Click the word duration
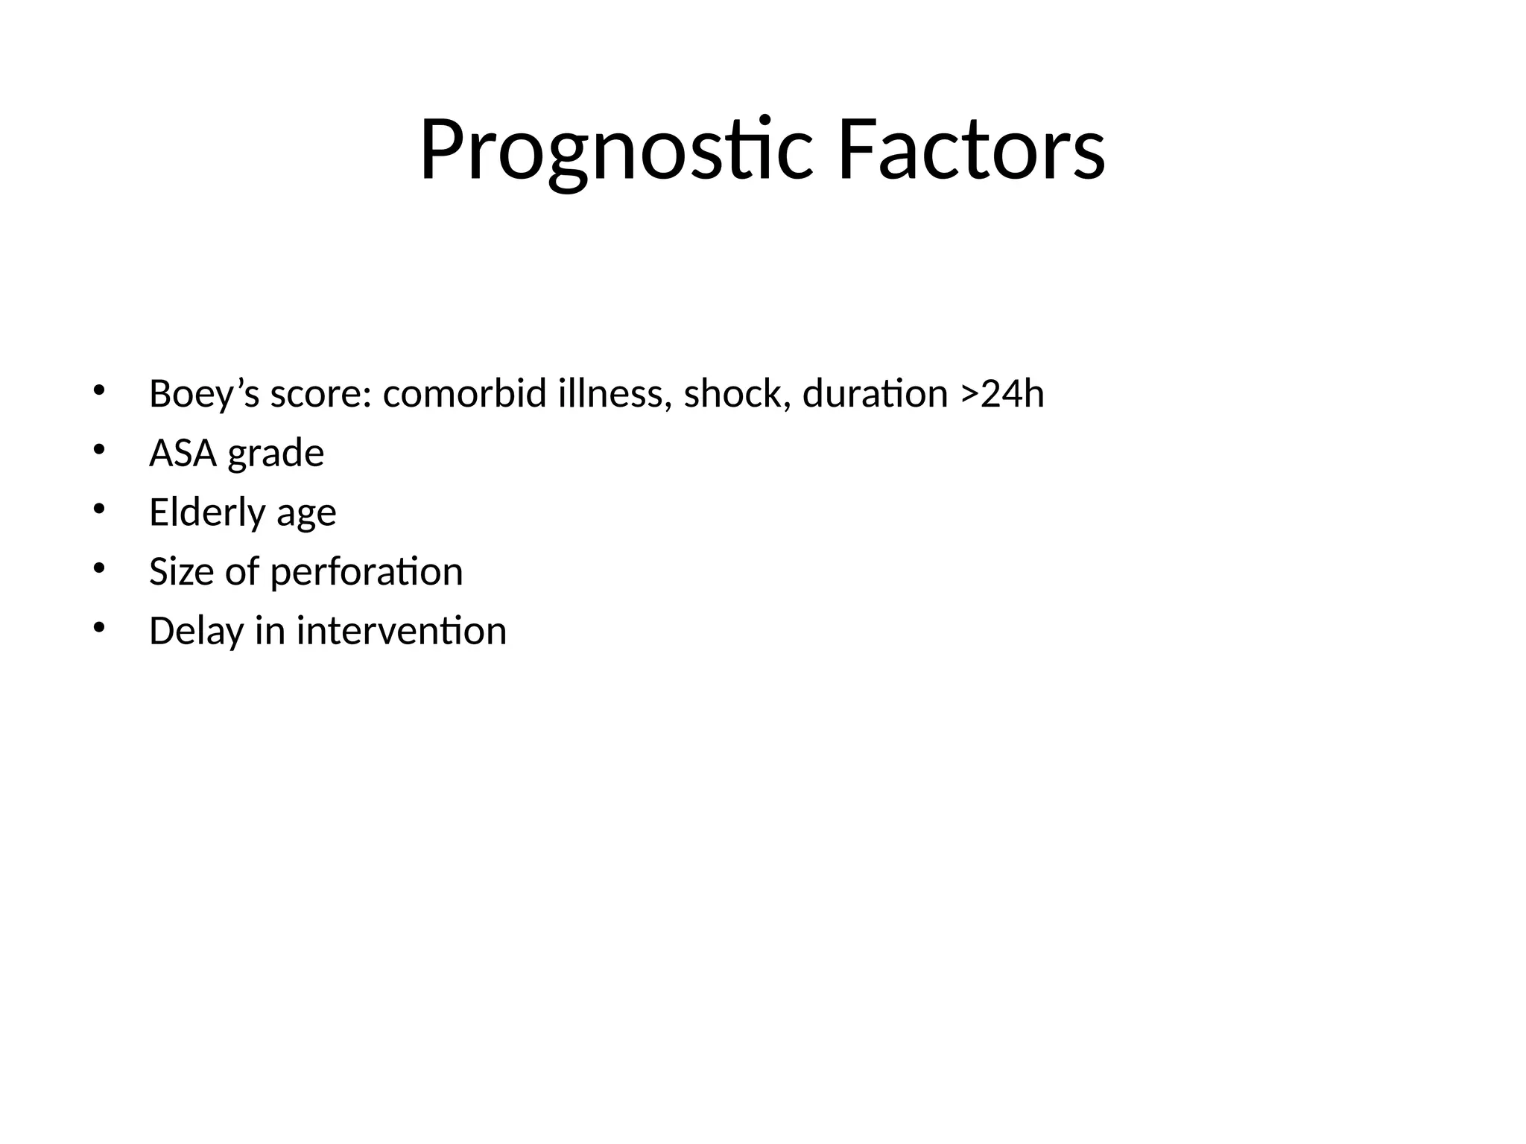coord(875,394)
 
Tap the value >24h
coord(1001,394)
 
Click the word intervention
coord(401,632)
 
